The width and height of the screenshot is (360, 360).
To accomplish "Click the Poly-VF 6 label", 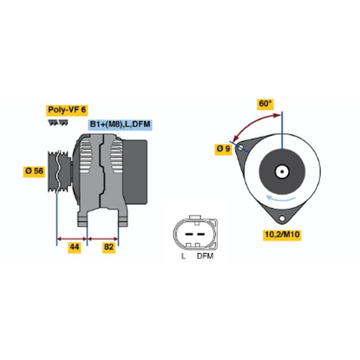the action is pyautogui.click(x=67, y=110).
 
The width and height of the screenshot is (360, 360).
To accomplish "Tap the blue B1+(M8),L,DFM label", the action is pyautogui.click(x=120, y=125).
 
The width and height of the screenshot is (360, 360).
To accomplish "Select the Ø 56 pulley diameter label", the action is pyautogui.click(x=34, y=171).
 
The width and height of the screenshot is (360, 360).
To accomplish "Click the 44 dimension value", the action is pyautogui.click(x=74, y=247).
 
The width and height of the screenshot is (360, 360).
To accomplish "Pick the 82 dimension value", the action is pyautogui.click(x=108, y=247).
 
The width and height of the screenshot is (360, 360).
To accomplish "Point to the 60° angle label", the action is pyautogui.click(x=265, y=104).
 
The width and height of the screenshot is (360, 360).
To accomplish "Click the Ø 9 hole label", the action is pyautogui.click(x=223, y=149).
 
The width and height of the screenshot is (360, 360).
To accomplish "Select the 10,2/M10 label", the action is pyautogui.click(x=282, y=234).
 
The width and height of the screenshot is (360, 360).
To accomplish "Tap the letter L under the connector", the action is pyautogui.click(x=183, y=256).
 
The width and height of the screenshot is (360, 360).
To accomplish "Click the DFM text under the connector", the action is pyautogui.click(x=205, y=256).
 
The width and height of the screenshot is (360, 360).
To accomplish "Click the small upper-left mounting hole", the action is pyautogui.click(x=240, y=148).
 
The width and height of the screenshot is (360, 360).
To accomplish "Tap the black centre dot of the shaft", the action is pyautogui.click(x=282, y=171).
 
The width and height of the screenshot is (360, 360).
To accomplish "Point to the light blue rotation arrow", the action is pyautogui.click(x=280, y=198).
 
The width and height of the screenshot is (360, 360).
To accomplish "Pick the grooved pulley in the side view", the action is pyautogui.click(x=59, y=171).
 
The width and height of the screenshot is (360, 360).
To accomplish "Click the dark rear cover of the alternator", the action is pyautogui.click(x=135, y=172).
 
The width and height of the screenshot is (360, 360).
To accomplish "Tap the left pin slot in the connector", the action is pyautogui.click(x=189, y=234).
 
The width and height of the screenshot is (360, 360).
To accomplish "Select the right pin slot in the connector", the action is pyautogui.click(x=201, y=234).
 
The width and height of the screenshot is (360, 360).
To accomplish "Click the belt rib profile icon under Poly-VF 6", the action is pyautogui.click(x=58, y=123).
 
